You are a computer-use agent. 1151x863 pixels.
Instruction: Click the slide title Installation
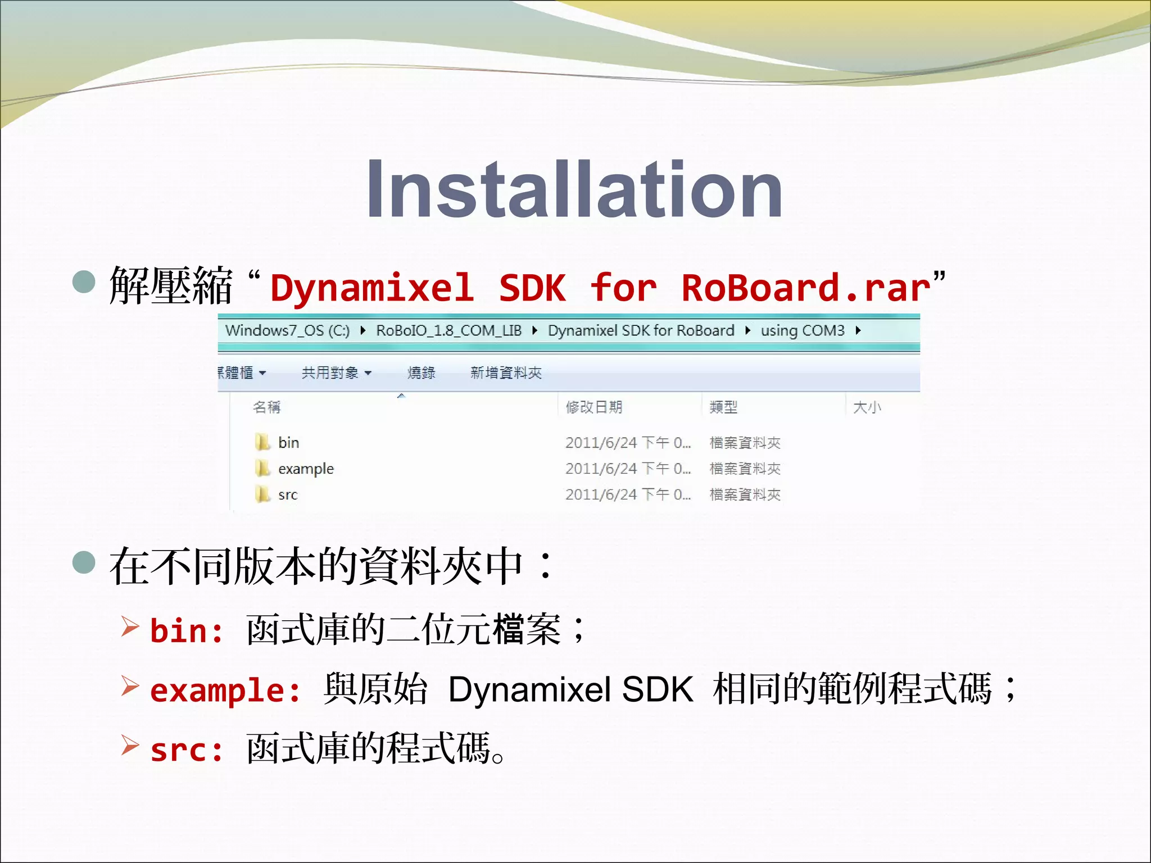pyautogui.click(x=574, y=189)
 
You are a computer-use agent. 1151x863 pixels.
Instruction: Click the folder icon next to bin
pyautogui.click(x=262, y=442)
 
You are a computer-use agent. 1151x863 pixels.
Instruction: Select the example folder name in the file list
pyautogui.click(x=306, y=469)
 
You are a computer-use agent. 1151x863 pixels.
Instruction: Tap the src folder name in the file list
pyautogui.click(x=288, y=494)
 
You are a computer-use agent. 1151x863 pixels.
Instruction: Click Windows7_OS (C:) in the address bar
pyautogui.click(x=287, y=330)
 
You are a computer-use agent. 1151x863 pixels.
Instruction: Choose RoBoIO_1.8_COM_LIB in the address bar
pyautogui.click(x=448, y=330)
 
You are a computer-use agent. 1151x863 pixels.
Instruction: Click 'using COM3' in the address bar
pyautogui.click(x=802, y=330)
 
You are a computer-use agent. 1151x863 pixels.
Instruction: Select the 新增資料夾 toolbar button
pyautogui.click(x=506, y=373)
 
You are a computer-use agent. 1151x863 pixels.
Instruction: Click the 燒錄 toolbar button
pyautogui.click(x=421, y=373)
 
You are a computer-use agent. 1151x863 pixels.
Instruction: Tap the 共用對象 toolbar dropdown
pyautogui.click(x=336, y=373)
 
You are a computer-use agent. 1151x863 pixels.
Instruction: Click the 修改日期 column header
pyautogui.click(x=594, y=407)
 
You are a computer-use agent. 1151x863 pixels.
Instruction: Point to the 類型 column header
pyautogui.click(x=723, y=407)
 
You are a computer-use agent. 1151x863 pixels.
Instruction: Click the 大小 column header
pyautogui.click(x=867, y=407)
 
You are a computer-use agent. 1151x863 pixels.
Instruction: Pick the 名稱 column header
pyautogui.click(x=266, y=407)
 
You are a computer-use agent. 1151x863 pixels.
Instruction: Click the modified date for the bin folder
pyautogui.click(x=628, y=443)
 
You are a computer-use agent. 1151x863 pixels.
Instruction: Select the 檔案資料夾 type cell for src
pyautogui.click(x=745, y=494)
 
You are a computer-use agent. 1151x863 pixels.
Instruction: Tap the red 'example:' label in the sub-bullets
pyautogui.click(x=225, y=690)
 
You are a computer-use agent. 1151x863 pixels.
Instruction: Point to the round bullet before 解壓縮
pyautogui.click(x=84, y=281)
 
